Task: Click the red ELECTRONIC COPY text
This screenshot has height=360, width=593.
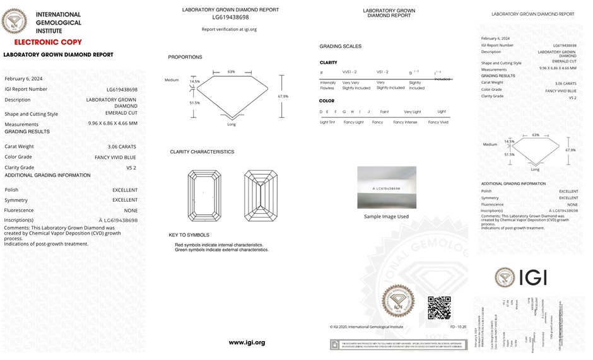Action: pos(48,42)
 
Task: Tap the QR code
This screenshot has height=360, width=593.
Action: pos(439,308)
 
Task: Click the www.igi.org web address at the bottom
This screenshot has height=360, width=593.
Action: pos(247,342)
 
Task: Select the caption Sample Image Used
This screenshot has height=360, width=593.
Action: pos(386,216)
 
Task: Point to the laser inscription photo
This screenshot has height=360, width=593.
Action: pos(387,187)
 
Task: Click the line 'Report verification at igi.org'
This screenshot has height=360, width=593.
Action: pos(229,29)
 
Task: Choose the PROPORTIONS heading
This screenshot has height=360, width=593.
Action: pos(185,57)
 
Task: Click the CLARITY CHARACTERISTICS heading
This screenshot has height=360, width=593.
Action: pos(202,152)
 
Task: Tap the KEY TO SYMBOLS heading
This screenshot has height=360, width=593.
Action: pos(189,235)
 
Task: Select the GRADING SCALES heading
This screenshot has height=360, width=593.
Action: pos(341,47)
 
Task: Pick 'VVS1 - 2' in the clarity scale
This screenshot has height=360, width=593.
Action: pos(349,73)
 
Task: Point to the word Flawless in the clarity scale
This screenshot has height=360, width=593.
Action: pos(328,88)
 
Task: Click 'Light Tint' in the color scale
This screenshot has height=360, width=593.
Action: pos(327,122)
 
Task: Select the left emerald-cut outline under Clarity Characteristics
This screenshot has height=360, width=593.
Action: pos(204,195)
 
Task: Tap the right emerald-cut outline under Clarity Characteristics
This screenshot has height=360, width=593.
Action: pos(261,195)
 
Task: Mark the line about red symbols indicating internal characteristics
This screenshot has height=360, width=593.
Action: pos(219,245)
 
